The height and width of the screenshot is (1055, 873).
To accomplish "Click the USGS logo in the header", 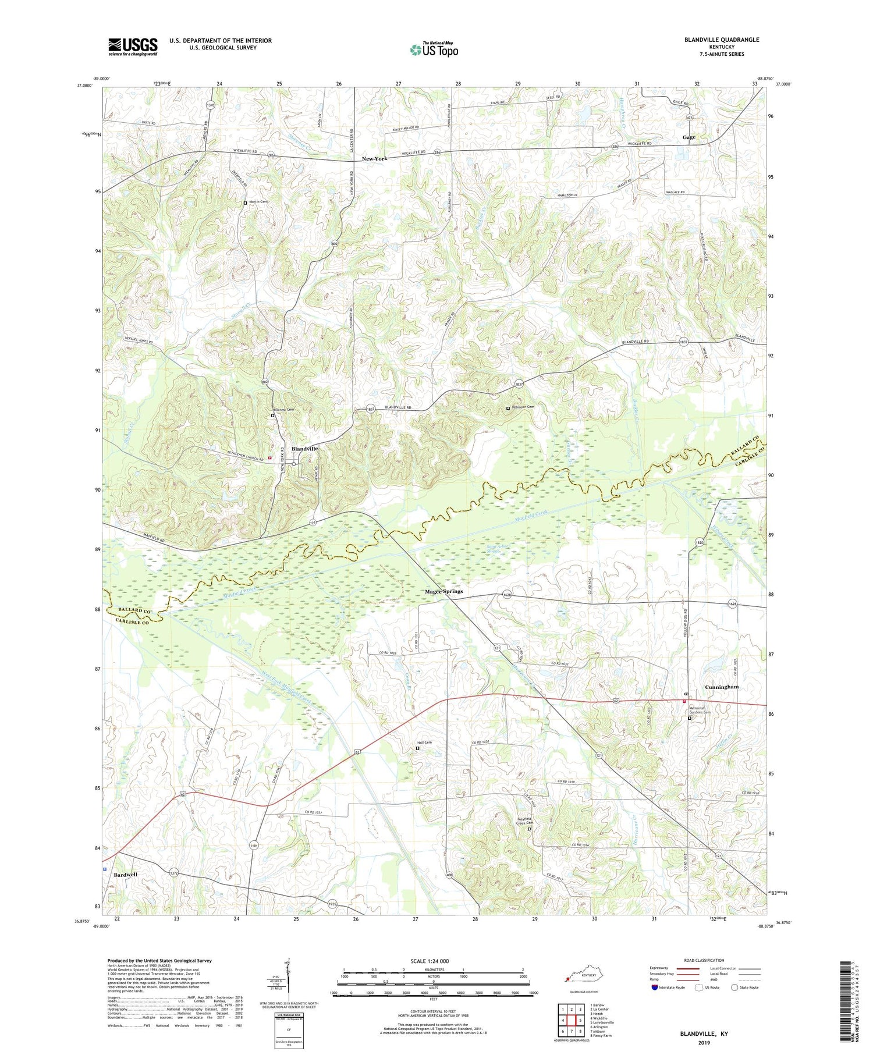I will point(133,47).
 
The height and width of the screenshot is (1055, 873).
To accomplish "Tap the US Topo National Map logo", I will point(434,49).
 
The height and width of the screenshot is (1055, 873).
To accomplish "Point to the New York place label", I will point(374,158).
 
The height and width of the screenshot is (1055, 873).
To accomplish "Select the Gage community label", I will point(689,137).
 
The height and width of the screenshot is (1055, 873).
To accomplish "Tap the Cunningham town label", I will point(722,687).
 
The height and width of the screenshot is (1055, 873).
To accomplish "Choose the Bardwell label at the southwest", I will point(126,875).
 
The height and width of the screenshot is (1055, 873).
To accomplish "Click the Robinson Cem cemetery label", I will point(522,407).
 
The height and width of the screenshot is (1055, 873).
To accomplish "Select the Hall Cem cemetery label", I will point(424,743).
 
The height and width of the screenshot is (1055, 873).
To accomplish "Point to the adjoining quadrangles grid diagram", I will point(572,1020).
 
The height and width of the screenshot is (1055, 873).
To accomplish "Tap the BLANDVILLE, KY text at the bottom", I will point(704,1033).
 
